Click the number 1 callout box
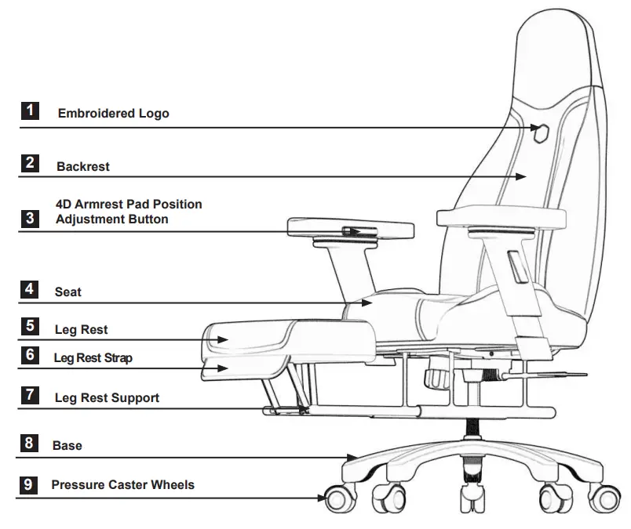(30, 111)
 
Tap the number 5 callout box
(30, 325)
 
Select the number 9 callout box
(29, 485)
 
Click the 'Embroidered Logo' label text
(113, 114)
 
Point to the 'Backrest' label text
(82, 167)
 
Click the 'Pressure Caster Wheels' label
(122, 485)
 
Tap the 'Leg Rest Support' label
(107, 398)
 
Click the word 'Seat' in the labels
(68, 292)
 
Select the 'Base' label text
(67, 446)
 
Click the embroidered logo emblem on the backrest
(540, 129)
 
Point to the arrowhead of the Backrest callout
(521, 177)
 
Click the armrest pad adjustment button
(352, 231)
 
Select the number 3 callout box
(30, 218)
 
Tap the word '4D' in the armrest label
(64, 205)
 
